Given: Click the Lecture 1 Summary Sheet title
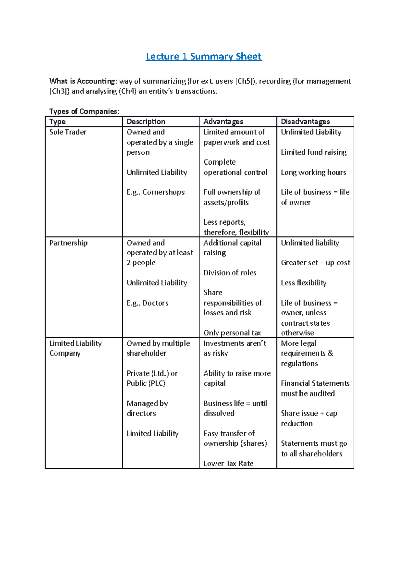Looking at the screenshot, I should coord(203,56).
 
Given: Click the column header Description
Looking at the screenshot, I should coord(146,121).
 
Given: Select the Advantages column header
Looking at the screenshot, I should coord(223,121).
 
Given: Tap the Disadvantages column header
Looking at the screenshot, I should coord(305,121).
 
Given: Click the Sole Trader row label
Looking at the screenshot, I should coord(68,132).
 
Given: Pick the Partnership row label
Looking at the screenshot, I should coord(68,243).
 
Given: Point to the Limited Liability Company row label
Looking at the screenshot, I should coord(75,348).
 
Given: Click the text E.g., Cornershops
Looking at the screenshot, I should coord(155,192).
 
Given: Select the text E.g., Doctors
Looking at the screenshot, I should coord(147,303).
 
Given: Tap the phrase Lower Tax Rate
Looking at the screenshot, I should coord(228,463).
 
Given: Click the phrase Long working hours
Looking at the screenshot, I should coord(313,172).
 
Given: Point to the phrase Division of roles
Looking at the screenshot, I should coord(230,273).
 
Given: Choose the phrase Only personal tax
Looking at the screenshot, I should coord(232,333).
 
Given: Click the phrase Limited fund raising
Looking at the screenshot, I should coord(313,152).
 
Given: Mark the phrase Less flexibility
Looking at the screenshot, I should coord(303,283).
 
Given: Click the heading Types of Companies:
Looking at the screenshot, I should coord(84,111).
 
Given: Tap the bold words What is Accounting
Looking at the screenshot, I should coord(82,81).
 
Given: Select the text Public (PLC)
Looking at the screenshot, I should coord(146,383).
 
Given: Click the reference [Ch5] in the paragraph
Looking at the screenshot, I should coord(245,81).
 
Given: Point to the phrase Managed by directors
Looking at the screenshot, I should coord(147,408).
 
